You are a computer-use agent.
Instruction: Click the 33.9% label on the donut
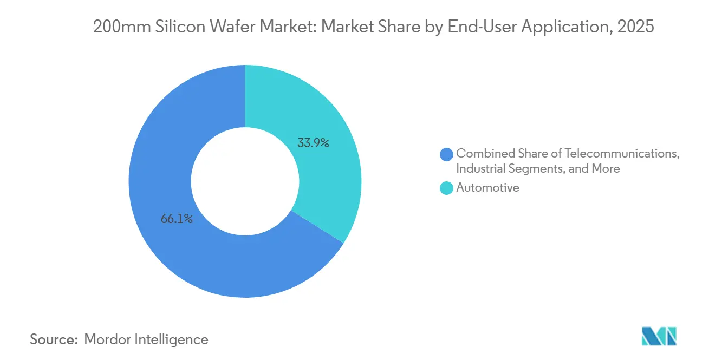[x=313, y=143]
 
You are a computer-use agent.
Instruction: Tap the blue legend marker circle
[x=447, y=154]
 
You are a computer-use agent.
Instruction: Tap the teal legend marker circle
[x=447, y=188]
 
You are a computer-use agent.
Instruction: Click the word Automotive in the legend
[x=487, y=188]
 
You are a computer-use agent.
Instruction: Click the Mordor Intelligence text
[x=146, y=339]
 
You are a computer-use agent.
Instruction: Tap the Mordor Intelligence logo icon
[x=659, y=336]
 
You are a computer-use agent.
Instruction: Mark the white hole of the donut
[x=245, y=181]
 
